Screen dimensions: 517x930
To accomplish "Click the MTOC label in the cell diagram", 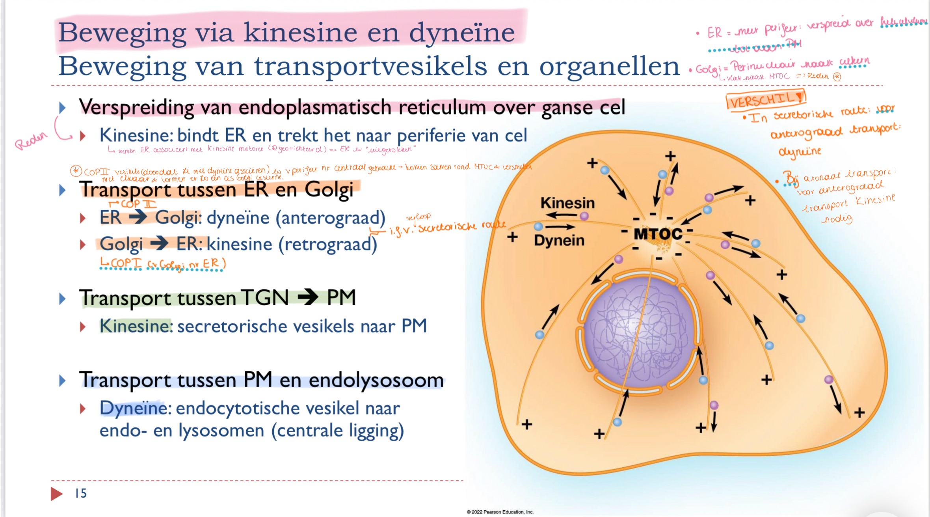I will [657, 234].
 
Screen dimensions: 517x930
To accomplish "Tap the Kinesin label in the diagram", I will [567, 203].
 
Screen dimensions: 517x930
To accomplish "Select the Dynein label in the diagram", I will [559, 240].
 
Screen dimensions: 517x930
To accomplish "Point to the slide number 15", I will [81, 493].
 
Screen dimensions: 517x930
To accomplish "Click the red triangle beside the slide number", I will [56, 493].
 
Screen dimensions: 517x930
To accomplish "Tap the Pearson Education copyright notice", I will [500, 512].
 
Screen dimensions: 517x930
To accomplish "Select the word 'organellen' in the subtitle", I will [609, 66].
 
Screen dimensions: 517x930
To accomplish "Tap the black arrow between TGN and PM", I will [308, 297].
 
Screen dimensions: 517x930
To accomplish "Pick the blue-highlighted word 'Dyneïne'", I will [134, 408].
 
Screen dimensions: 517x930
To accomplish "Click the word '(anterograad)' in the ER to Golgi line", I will [330, 218].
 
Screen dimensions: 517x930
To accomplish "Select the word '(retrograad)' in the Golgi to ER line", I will [327, 245].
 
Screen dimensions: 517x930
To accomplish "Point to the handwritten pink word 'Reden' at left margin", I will [31, 140].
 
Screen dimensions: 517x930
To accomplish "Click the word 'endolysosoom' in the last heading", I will [376, 380].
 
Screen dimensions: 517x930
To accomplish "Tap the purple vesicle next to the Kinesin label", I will [584, 216].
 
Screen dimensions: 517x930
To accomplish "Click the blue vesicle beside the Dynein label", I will [538, 226].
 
